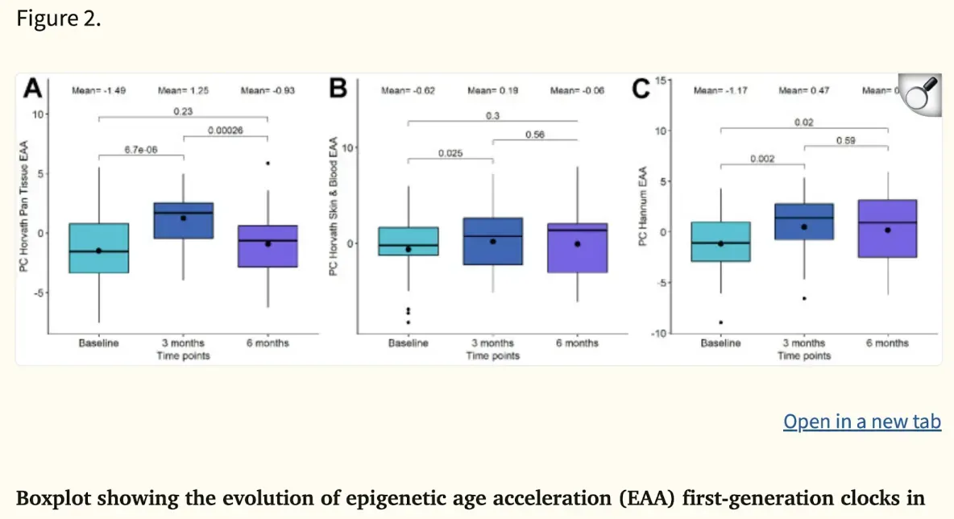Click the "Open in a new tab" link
pos(861,421)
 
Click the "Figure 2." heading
pos(59,19)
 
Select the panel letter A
pos(32,88)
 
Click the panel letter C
pos(641,89)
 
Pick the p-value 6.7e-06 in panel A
pos(141,149)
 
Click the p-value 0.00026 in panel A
pos(226,130)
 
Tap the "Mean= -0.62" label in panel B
pos(408,91)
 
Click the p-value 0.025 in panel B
pos(451,152)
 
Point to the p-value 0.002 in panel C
pos(762,159)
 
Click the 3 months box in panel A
pos(184,220)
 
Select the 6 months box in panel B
pos(578,247)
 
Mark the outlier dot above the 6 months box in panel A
pos(268,163)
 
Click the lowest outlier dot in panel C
pos(720,322)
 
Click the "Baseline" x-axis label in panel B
pos(409,343)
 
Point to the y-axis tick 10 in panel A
pos(37,114)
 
